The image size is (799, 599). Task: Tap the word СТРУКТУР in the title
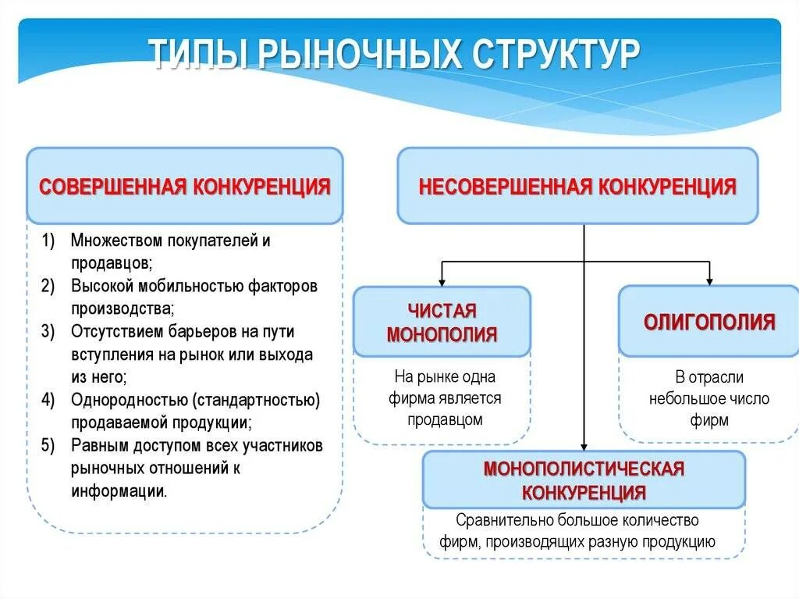click(556, 56)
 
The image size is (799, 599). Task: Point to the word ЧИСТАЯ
click(442, 312)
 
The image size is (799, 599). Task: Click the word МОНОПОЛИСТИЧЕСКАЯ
click(584, 469)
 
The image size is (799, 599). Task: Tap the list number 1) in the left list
click(48, 241)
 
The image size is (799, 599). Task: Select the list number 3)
click(48, 332)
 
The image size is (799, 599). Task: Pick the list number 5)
click(48, 446)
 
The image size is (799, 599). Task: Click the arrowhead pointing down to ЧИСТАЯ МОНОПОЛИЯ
click(442, 280)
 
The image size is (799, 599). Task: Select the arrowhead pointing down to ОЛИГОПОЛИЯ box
click(709, 280)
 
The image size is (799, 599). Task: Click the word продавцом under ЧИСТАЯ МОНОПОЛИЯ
click(446, 420)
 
